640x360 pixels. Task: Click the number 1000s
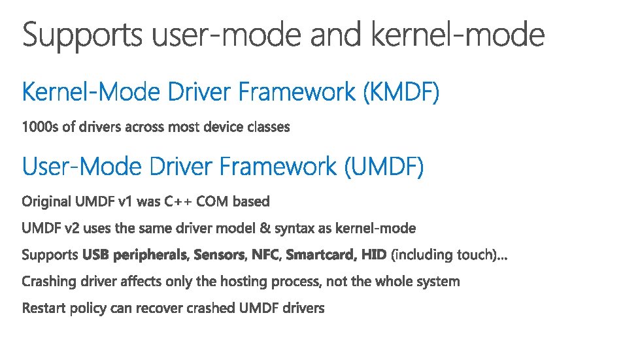tap(41, 127)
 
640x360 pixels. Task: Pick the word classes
tap(269, 127)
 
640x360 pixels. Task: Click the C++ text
tap(178, 201)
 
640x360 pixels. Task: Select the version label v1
tap(125, 201)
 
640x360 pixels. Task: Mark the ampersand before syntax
tap(263, 228)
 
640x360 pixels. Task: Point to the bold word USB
tap(96, 255)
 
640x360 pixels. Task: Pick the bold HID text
tap(373, 255)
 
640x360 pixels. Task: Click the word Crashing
tap(48, 282)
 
